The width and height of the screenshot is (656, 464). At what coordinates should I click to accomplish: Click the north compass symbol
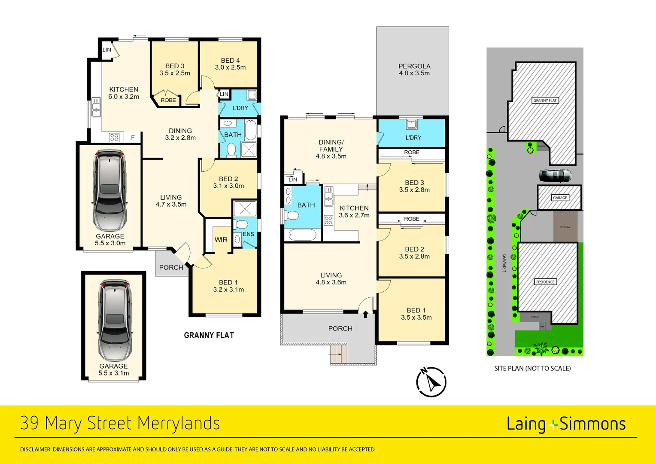(431, 382)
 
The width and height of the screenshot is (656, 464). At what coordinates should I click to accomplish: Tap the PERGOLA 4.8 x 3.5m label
(414, 70)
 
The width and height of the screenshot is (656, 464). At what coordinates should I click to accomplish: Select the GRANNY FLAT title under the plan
(209, 335)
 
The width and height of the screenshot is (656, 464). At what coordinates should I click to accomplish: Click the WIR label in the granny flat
(221, 240)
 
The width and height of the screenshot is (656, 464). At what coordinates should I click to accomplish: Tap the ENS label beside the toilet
(248, 234)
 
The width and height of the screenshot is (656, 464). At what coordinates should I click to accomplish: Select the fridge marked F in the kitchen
(133, 137)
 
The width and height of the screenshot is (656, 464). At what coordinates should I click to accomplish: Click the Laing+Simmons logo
(566, 424)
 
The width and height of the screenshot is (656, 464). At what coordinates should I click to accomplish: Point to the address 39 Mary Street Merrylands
(120, 423)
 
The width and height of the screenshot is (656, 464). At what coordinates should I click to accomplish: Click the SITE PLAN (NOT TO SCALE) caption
(532, 368)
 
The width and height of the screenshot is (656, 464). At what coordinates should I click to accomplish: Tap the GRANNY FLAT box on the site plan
(544, 100)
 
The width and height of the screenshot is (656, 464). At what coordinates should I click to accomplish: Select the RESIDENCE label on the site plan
(545, 282)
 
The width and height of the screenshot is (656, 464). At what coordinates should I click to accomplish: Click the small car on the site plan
(555, 175)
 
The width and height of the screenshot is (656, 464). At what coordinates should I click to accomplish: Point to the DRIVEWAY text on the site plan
(504, 263)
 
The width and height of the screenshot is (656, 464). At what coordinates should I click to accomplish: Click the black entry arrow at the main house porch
(365, 314)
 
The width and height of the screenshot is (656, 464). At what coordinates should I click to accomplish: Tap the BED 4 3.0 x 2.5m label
(230, 64)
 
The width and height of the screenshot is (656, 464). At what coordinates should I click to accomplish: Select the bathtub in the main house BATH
(303, 235)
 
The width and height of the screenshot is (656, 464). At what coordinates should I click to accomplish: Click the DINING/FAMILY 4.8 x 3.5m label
(331, 149)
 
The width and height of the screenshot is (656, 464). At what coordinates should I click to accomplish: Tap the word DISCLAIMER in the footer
(35, 449)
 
